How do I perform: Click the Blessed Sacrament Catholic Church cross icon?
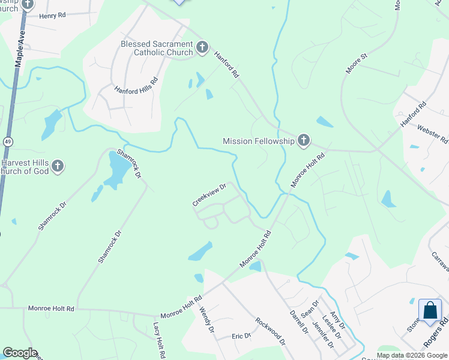(202, 47)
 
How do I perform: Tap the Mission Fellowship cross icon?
(304, 141)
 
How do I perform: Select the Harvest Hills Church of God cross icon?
(57, 166)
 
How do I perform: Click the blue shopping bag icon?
(430, 310)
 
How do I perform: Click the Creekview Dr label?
(208, 195)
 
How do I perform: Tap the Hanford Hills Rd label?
(136, 88)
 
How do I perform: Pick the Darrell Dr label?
(298, 322)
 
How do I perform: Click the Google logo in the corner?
(20, 353)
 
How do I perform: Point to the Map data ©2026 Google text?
(412, 355)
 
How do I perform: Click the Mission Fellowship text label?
(259, 141)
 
